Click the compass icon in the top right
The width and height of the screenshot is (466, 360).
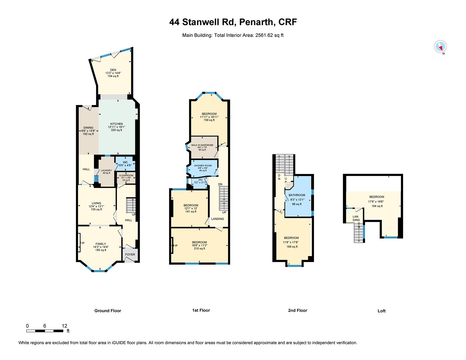[440, 46]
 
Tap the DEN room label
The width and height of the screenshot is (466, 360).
[113, 70]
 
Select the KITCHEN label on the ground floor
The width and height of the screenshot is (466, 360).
[117, 124]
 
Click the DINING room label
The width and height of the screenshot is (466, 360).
[88, 128]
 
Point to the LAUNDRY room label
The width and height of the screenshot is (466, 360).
[106, 170]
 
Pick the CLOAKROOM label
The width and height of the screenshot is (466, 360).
[126, 175]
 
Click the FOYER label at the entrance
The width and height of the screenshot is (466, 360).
[130, 254]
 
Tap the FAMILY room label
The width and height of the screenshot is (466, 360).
[101, 244]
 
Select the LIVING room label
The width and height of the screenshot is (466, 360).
[96, 203]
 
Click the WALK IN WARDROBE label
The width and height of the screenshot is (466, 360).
[202, 145]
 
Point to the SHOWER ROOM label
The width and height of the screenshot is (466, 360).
[203, 166]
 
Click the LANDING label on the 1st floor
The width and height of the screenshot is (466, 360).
[217, 219]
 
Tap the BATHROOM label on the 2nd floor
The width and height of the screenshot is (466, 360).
[297, 195]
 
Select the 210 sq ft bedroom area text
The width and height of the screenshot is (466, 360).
[199, 248]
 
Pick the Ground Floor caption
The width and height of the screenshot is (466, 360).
[108, 311]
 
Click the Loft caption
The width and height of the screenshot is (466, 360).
[381, 311]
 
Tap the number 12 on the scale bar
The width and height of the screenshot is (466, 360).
[64, 326]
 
